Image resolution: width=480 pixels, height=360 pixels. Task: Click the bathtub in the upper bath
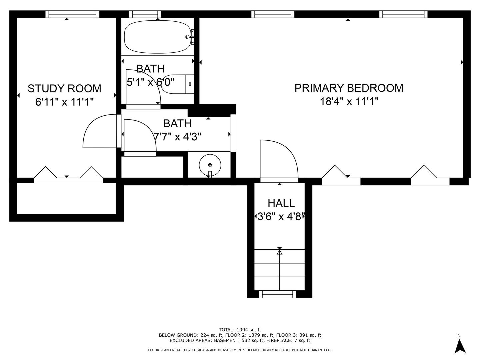click(157, 37)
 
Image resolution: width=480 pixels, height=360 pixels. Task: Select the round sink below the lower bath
click(210, 165)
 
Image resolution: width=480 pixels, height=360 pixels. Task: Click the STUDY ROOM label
click(64, 88)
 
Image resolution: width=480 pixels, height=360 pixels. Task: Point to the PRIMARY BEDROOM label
click(349, 88)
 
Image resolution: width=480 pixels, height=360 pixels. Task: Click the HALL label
click(281, 203)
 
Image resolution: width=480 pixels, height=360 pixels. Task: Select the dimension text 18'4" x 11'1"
click(349, 101)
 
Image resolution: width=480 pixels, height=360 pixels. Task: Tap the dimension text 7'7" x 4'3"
click(177, 136)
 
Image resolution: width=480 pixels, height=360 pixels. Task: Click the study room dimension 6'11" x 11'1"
click(64, 102)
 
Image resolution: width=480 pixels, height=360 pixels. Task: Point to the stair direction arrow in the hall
click(279, 252)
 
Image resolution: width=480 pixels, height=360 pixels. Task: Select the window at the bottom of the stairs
click(278, 294)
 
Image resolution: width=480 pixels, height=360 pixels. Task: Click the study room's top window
click(72, 14)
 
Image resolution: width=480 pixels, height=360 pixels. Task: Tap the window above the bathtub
click(145, 14)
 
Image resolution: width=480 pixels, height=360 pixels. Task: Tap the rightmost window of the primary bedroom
click(403, 14)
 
